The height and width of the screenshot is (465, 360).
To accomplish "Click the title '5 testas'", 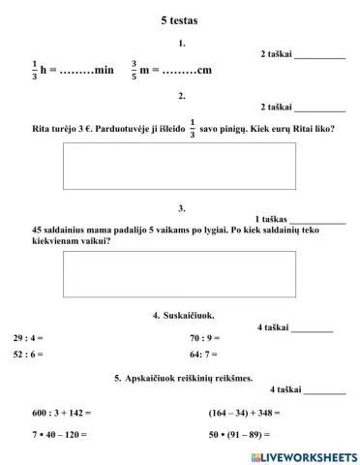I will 180,18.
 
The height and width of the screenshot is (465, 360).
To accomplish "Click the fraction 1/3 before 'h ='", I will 35,70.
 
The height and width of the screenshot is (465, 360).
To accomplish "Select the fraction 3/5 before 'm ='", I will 134,70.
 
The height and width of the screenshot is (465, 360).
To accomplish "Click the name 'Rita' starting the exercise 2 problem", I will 43,127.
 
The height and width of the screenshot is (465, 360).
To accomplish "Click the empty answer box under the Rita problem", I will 180,166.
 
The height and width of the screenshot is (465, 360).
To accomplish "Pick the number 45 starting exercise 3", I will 38,230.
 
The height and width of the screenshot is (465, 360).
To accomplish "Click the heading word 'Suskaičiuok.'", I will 190,315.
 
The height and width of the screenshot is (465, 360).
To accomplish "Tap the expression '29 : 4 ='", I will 28,338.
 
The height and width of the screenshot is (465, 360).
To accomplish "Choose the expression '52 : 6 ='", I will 28,355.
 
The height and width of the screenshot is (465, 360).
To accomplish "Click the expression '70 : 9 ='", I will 205,338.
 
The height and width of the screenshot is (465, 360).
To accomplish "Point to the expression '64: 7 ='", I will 204,355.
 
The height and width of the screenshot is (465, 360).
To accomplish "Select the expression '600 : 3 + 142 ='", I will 61,412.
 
